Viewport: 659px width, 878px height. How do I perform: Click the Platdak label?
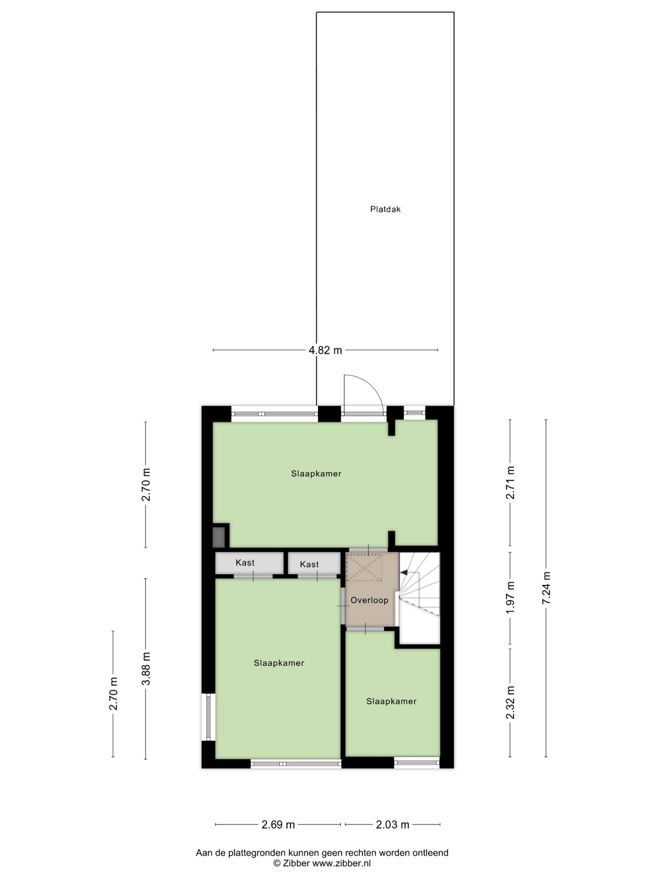[x=385, y=209]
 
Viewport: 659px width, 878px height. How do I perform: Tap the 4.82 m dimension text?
[x=325, y=350]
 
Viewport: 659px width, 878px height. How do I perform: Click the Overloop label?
[x=369, y=600]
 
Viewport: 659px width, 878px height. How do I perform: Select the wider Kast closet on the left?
[x=249, y=563]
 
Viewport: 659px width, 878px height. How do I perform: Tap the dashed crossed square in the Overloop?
[x=364, y=568]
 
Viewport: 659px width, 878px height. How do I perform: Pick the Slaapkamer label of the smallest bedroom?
[x=391, y=701]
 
